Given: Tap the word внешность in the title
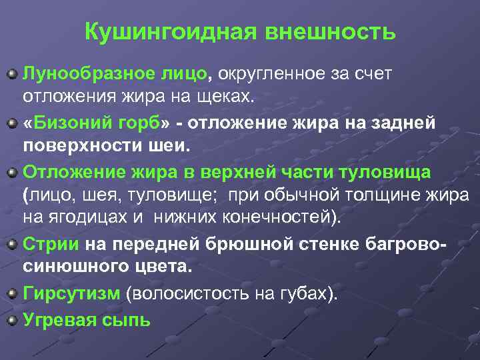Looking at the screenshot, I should pos(331,32).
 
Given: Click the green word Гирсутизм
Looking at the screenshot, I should pos(71,293).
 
